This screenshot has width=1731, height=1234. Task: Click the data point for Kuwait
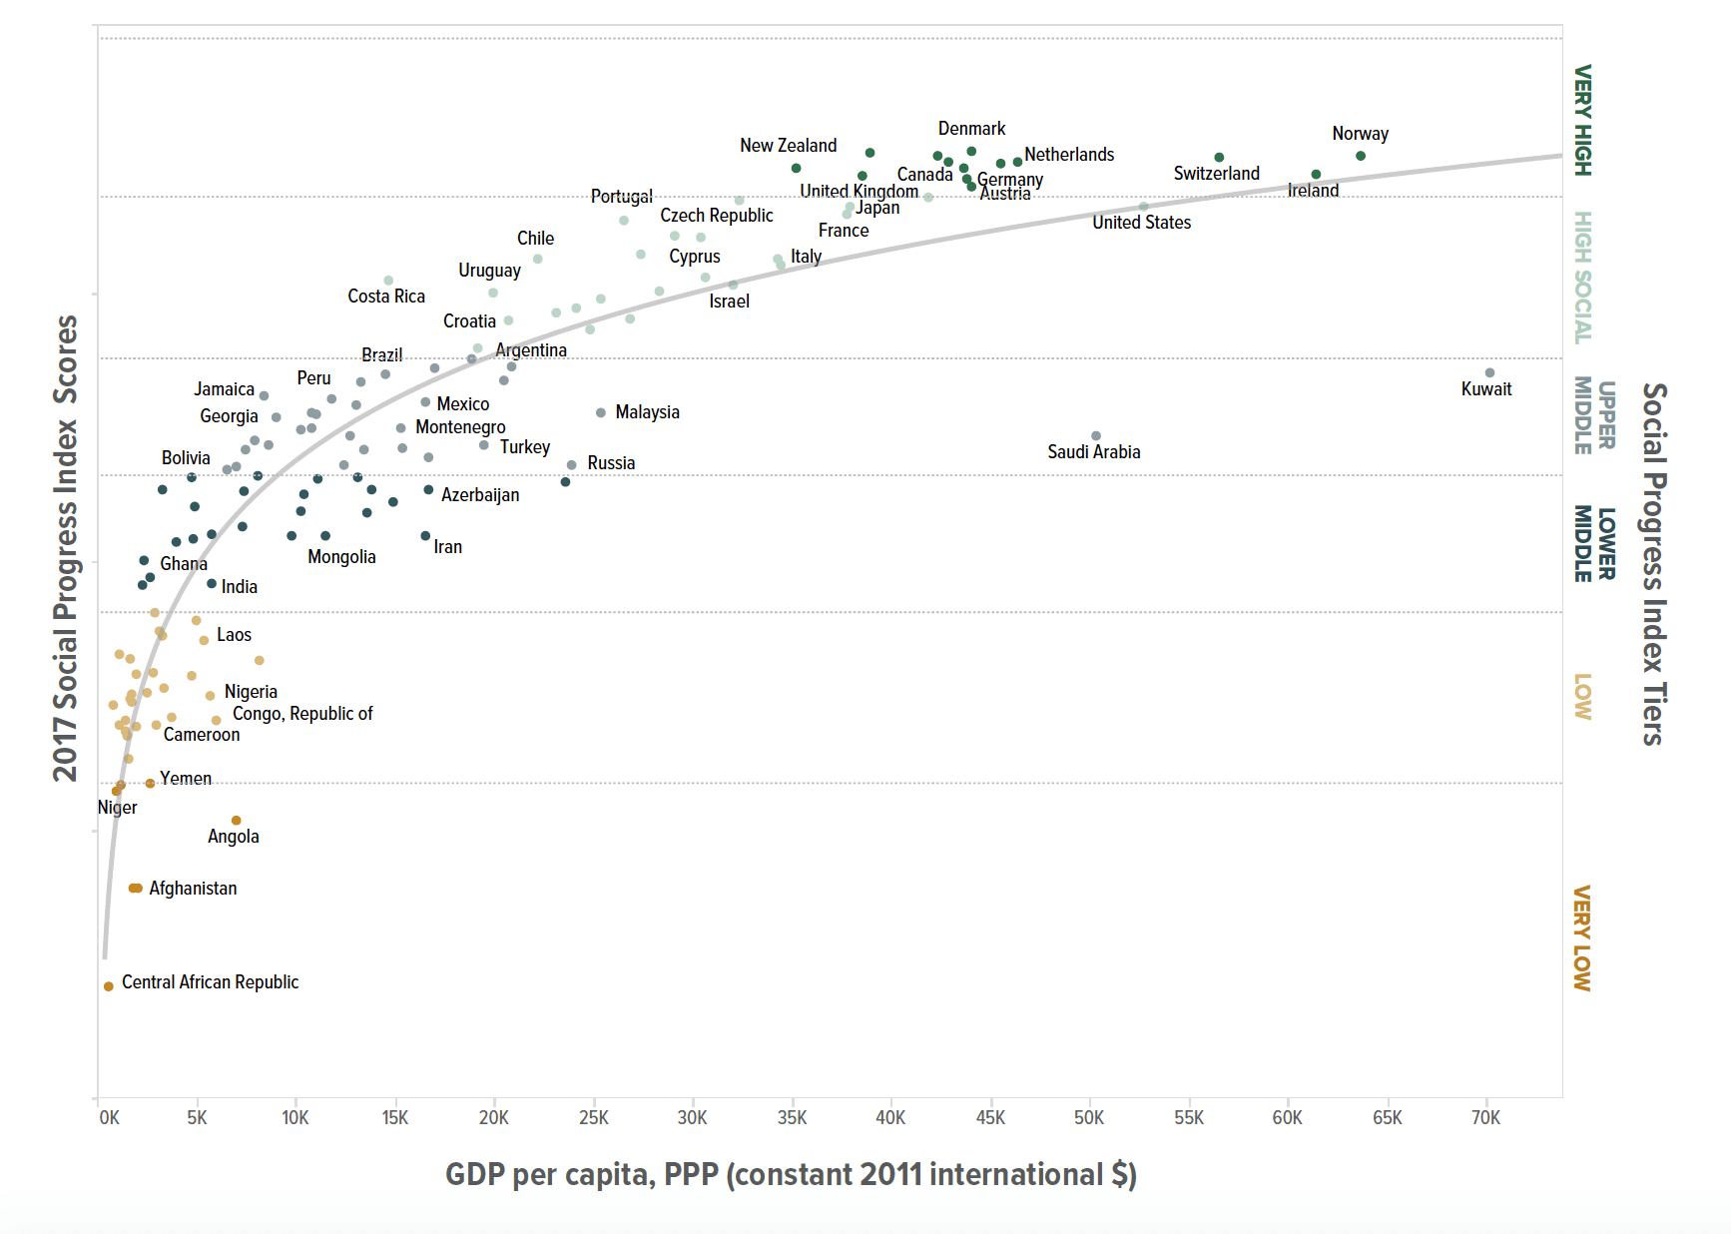pos(1489,372)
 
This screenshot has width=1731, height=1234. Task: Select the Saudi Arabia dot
pos(1096,435)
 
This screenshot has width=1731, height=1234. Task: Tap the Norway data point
pos(1361,156)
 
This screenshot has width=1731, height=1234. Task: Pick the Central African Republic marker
pos(109,986)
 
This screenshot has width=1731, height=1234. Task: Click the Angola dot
pos(237,821)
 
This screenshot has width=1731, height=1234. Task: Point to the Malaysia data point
pos(601,412)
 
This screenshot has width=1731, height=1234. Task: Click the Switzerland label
pos(1216,174)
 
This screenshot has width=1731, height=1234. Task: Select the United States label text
pos(1141,223)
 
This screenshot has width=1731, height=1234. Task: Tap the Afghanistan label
pos(193,889)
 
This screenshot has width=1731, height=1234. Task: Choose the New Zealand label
pos(788,146)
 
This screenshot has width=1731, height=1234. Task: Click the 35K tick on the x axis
pos(792,1118)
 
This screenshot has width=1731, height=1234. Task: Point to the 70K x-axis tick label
pos(1485,1118)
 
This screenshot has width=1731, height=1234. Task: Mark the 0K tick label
pos(109,1118)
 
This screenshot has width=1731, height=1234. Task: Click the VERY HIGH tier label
pos(1582,121)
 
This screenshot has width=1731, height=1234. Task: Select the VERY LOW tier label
pos(1582,938)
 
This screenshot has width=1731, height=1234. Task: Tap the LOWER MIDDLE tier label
pos(1594,543)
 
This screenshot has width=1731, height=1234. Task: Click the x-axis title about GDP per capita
pos(791,1174)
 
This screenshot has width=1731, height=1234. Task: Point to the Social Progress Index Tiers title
pos(1654,564)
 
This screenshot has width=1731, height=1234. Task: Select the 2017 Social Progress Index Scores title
pos(66,548)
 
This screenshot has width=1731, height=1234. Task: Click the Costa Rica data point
pos(388,281)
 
